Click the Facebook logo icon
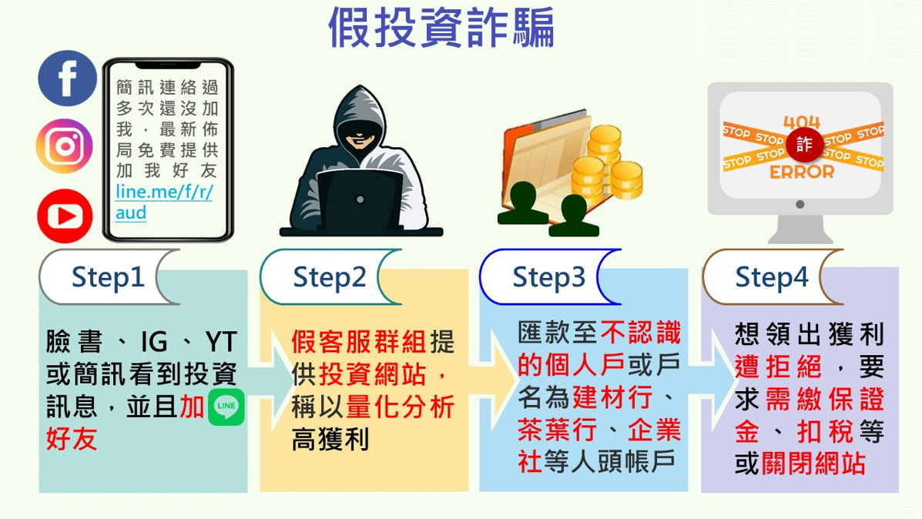tap(67, 79)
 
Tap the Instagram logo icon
tap(65, 146)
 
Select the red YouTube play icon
tap(65, 216)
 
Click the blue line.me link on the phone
tap(163, 202)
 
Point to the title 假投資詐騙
tap(441, 27)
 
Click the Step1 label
tap(108, 277)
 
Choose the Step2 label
tap(330, 277)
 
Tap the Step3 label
tap(548, 277)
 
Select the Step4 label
tap(772, 277)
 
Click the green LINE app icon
tap(226, 407)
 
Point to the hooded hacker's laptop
tap(360, 200)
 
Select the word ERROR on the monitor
tap(802, 172)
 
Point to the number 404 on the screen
tap(802, 122)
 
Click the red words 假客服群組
tap(359, 341)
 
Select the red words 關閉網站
tap(813, 464)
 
